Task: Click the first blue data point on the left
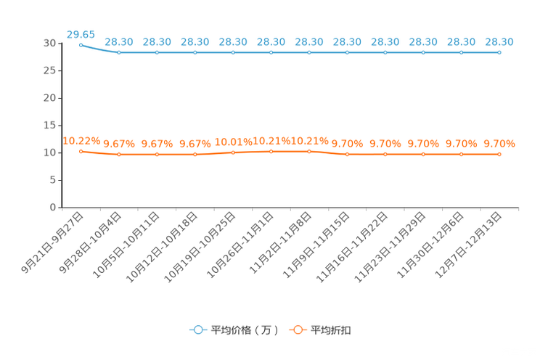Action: click(x=81, y=44)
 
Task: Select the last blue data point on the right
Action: click(x=499, y=52)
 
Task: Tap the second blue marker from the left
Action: click(x=119, y=52)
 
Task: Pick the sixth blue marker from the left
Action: click(x=271, y=52)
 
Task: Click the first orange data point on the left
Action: click(x=81, y=151)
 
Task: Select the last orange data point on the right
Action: click(x=499, y=154)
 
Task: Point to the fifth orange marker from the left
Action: click(x=233, y=152)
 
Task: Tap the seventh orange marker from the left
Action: click(x=309, y=151)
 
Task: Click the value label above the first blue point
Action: click(x=81, y=33)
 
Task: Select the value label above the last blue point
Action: click(x=499, y=42)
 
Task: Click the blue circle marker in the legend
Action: click(x=197, y=330)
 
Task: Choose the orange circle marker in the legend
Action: click(x=297, y=330)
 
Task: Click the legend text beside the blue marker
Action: click(x=245, y=330)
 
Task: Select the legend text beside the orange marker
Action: click(x=331, y=330)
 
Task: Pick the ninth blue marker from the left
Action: click(x=385, y=52)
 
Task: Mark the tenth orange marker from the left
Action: click(x=423, y=154)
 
